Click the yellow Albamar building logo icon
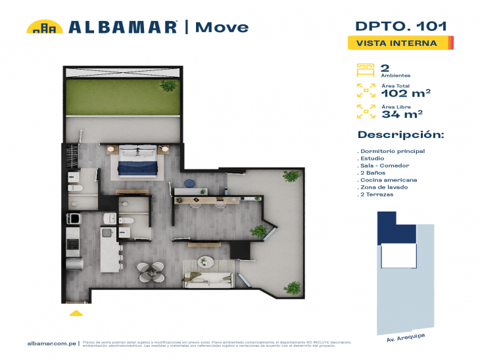[x=44, y=27]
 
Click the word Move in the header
[x=220, y=27]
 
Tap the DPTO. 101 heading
[x=400, y=26]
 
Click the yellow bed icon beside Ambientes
[x=365, y=70]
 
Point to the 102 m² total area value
[x=406, y=93]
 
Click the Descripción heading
[x=400, y=135]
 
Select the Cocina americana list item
[x=389, y=180]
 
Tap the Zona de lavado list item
[x=385, y=187]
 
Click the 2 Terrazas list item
[x=377, y=195]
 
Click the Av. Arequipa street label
[x=399, y=339]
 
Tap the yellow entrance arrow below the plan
[x=77, y=313]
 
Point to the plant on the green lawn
[x=169, y=85]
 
